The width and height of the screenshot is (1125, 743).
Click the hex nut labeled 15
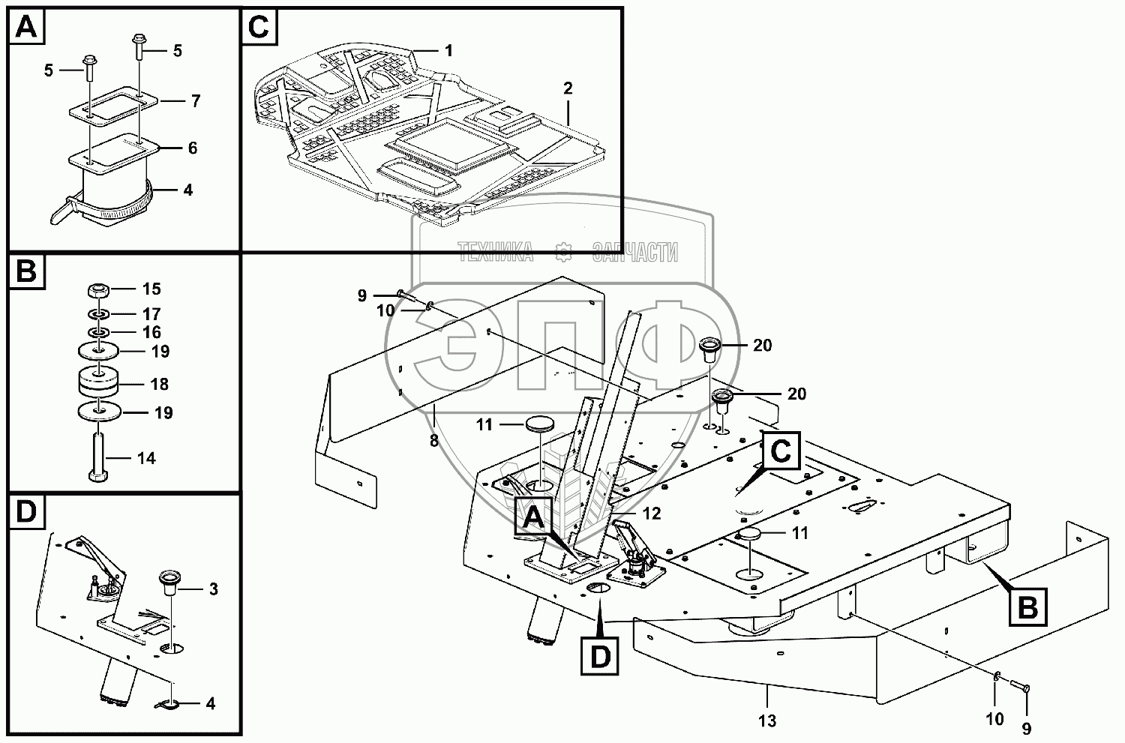(x=98, y=291)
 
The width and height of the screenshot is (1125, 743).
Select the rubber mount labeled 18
(x=98, y=384)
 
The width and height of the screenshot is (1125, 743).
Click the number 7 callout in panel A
(x=195, y=101)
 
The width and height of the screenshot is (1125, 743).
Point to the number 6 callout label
(x=193, y=148)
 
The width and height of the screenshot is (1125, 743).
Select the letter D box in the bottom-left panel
(x=26, y=511)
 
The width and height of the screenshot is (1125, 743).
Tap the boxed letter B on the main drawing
(x=1028, y=607)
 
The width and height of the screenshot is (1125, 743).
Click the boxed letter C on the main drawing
(x=781, y=451)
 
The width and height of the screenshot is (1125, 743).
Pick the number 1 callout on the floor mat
(x=448, y=50)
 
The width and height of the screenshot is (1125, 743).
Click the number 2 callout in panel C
(x=568, y=89)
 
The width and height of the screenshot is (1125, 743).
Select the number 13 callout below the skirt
(x=767, y=721)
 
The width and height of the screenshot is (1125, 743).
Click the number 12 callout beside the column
(x=652, y=514)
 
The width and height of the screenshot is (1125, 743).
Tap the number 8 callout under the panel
(x=434, y=441)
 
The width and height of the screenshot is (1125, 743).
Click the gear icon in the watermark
(x=563, y=252)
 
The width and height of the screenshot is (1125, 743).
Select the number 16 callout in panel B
(x=151, y=332)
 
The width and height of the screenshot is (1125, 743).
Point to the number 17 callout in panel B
(x=151, y=314)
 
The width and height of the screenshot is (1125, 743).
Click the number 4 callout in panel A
(x=187, y=190)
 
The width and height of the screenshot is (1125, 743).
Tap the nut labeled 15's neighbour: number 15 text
(x=151, y=289)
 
